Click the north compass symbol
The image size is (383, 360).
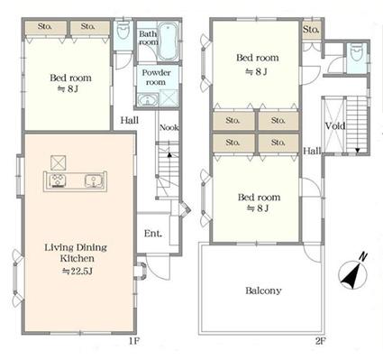coord(352,274)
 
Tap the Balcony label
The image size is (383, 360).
coord(263,291)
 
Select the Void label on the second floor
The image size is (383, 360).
coord(335,125)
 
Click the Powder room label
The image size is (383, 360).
coord(156,78)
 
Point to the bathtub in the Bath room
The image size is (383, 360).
coord(168,41)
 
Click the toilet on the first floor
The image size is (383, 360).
coord(123,30)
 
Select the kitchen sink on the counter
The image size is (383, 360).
coord(95,181)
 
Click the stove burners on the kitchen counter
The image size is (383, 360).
coord(58,180)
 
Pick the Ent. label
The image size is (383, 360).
coord(153,233)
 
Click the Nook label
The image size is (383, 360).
coord(169,127)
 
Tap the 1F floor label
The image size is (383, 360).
coord(134,341)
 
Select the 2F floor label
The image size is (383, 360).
coord(321,341)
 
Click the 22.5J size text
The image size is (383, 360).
coord(78,272)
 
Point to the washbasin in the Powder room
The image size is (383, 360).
coord(148,100)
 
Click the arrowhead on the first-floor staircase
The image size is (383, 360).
coord(169,155)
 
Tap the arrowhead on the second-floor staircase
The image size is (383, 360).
coord(358,150)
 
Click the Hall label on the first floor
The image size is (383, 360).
coord(130,120)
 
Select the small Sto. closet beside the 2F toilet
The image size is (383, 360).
coord(311,30)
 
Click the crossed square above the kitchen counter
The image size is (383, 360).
coord(58,162)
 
